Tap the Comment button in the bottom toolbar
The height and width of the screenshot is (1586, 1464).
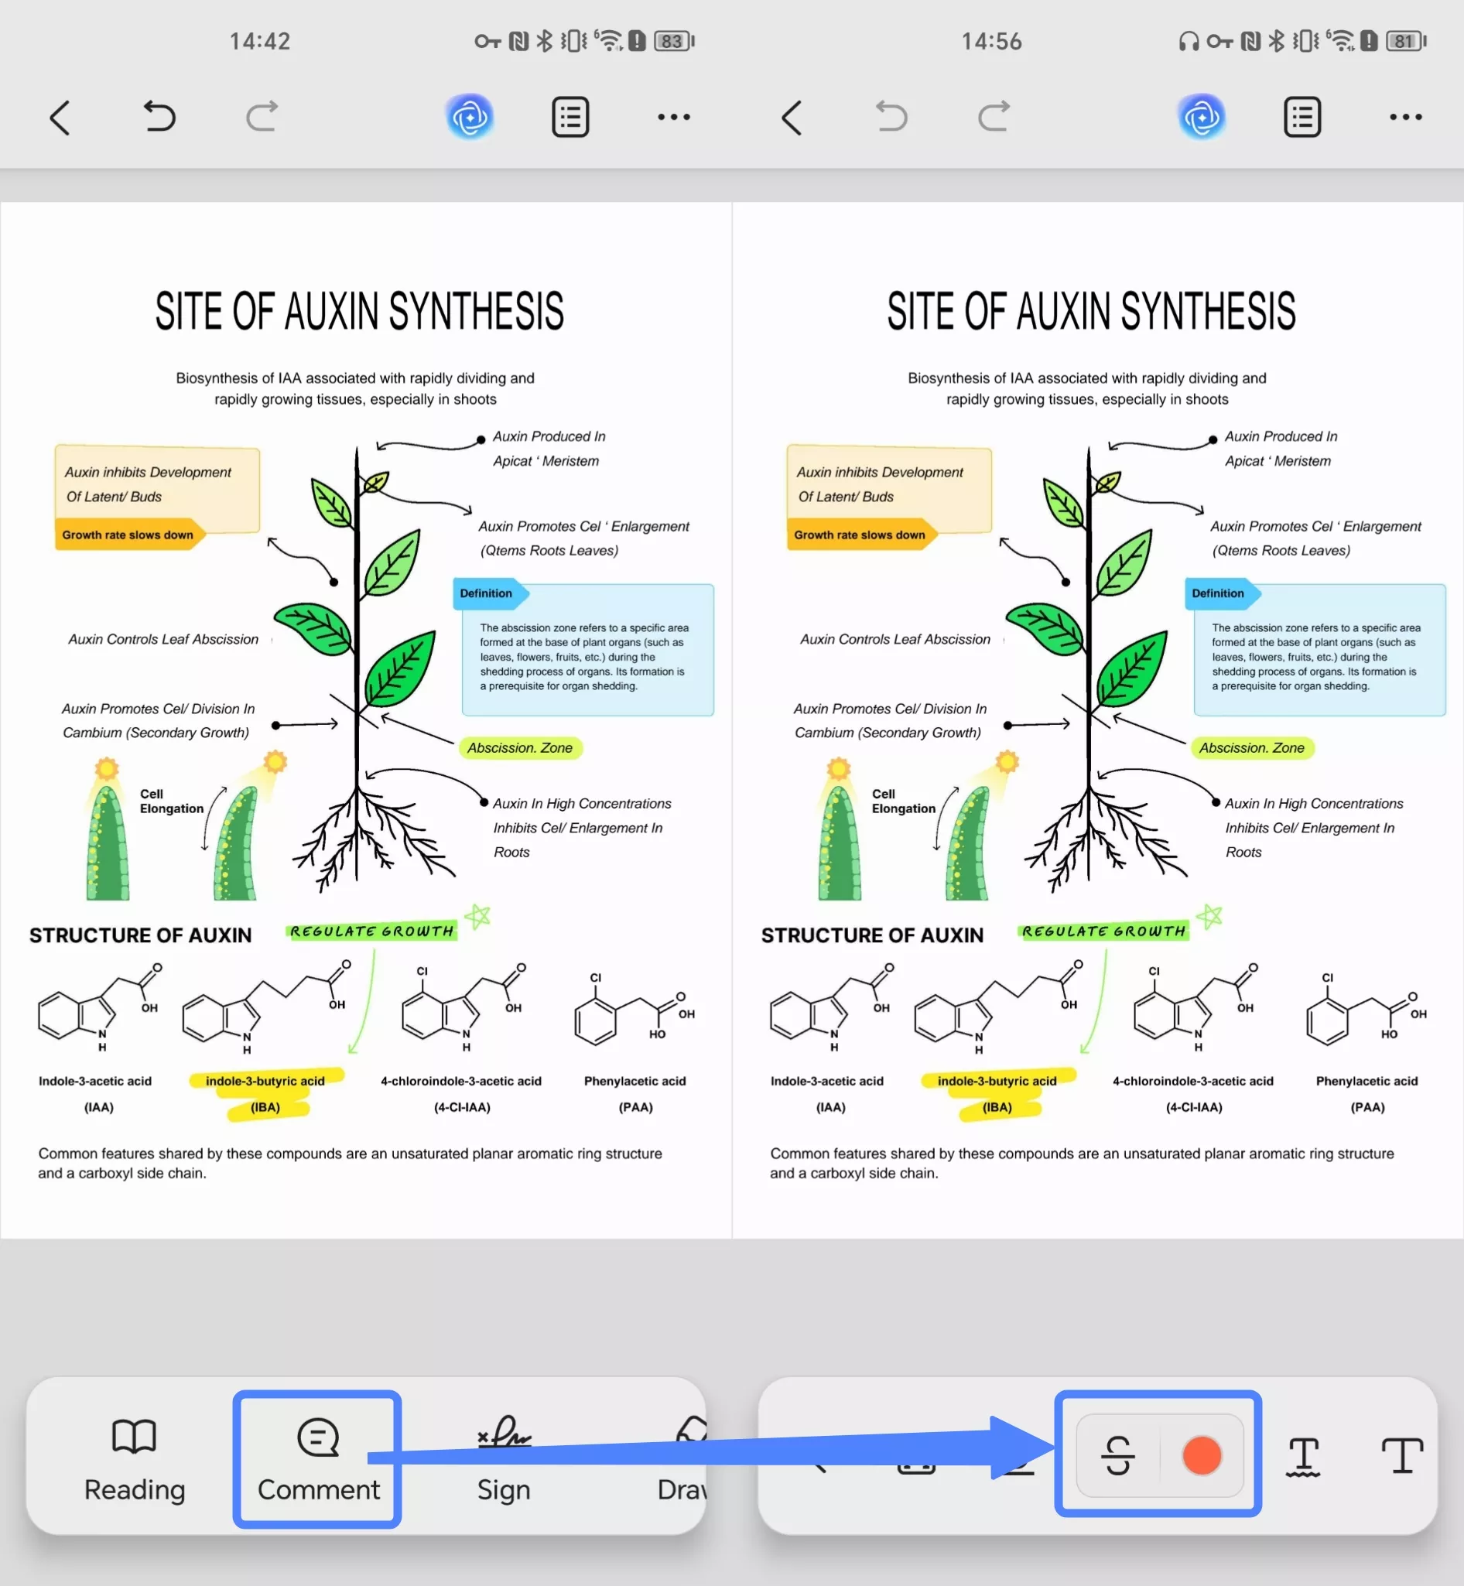(319, 1458)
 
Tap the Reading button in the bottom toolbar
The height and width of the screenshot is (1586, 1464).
(135, 1458)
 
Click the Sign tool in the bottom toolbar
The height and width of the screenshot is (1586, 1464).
(504, 1458)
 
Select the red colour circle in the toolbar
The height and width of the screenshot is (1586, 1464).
(1201, 1456)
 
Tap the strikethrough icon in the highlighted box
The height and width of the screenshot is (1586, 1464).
(1118, 1456)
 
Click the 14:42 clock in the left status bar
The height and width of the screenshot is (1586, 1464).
(260, 41)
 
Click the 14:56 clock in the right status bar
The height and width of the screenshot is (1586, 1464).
(992, 41)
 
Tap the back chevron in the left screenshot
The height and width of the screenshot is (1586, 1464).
(60, 118)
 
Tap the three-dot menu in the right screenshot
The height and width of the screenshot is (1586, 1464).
(1405, 118)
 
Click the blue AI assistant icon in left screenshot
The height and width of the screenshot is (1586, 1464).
(470, 118)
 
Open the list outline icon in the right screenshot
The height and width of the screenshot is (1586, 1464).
(1302, 118)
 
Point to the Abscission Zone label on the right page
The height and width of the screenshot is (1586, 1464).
(1252, 748)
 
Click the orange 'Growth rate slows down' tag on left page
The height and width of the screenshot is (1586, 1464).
(128, 535)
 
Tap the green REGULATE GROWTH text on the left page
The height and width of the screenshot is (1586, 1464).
(371, 931)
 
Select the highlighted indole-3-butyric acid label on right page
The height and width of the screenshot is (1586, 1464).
(997, 1081)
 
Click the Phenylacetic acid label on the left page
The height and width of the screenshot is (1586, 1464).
(635, 1081)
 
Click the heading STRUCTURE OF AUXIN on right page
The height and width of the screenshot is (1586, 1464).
(872, 935)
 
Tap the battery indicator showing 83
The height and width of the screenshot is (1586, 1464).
(673, 41)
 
